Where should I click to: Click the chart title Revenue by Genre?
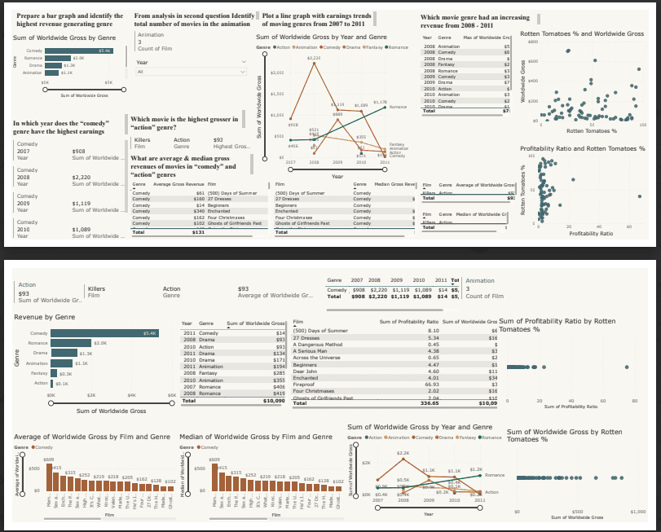coord(50,316)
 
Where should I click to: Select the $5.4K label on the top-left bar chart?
coord(105,51)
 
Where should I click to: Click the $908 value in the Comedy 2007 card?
coord(79,152)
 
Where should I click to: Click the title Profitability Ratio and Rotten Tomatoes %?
coord(582,148)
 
